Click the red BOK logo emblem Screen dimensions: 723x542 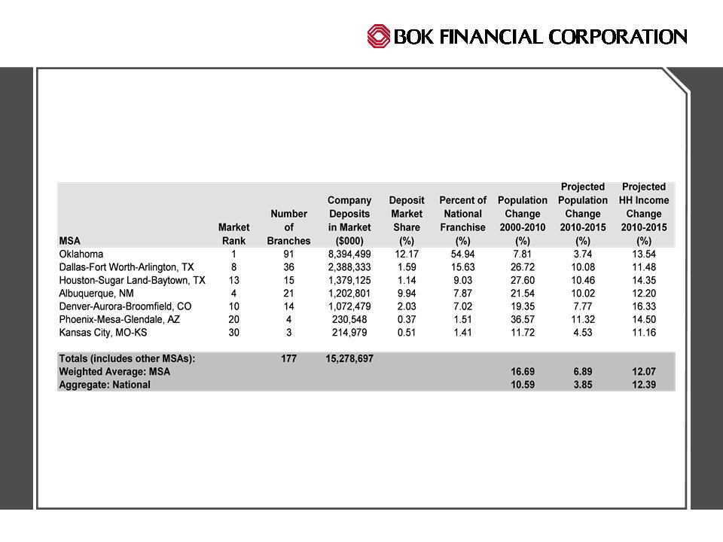(379, 36)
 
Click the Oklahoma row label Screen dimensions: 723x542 (81, 254)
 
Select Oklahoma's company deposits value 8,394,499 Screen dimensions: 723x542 (349, 254)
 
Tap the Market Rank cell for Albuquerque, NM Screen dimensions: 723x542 (233, 293)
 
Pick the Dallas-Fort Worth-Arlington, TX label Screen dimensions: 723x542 (127, 266)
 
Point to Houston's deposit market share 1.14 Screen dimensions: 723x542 (406, 280)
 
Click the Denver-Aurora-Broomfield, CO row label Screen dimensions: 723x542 (125, 306)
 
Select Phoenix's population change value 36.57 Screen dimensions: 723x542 (523, 319)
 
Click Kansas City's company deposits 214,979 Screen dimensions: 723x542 (349, 332)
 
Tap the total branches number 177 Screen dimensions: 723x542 (288, 358)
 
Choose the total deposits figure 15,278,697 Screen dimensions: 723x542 (349, 358)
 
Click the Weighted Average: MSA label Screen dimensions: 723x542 (114, 371)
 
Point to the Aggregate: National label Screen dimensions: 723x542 (105, 385)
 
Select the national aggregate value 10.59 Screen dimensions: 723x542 (523, 385)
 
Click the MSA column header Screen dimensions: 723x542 (69, 241)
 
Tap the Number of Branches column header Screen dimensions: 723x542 (288, 227)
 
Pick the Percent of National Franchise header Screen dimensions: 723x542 (462, 221)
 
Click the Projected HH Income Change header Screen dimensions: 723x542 (644, 214)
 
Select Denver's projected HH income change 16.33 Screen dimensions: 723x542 (644, 306)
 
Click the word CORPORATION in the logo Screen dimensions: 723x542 (618, 37)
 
